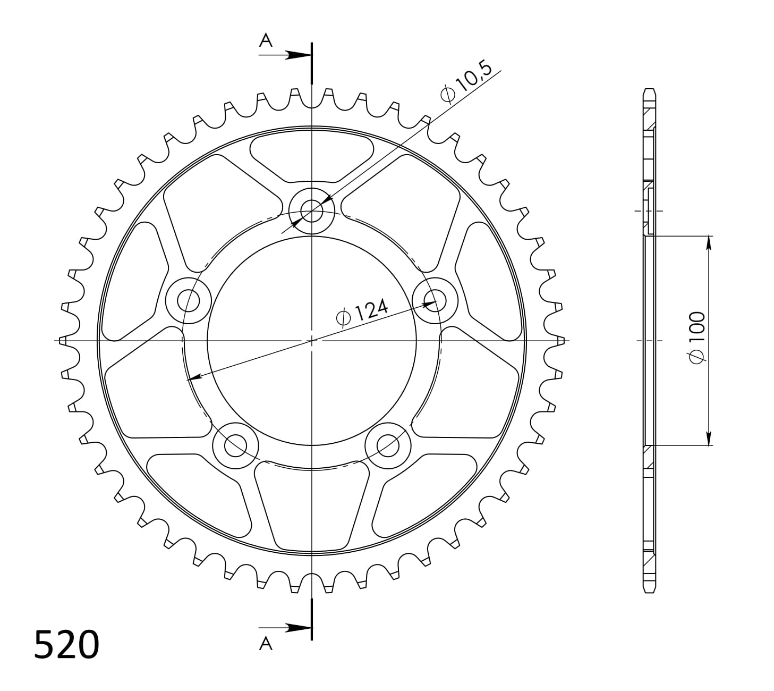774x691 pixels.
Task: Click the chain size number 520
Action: click(66, 644)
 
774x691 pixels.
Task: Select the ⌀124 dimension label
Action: click(362, 312)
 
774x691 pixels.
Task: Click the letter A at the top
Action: click(266, 40)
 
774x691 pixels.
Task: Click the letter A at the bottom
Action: click(266, 644)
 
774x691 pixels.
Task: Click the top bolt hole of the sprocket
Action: click(312, 211)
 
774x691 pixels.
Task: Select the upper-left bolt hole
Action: click(188, 301)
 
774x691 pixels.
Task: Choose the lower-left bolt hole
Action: click(235, 446)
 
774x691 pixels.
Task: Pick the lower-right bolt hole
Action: click(388, 446)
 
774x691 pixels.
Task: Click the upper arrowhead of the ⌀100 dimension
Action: click(708, 242)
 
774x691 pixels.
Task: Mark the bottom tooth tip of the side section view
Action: click(649, 591)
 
